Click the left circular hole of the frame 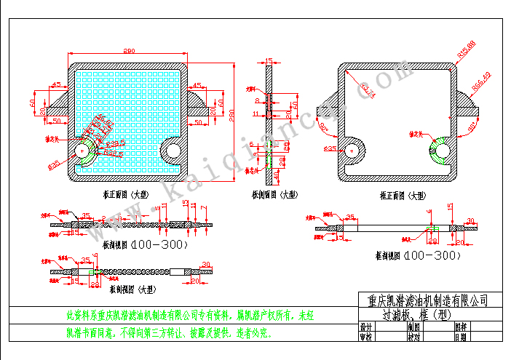tap(352, 149)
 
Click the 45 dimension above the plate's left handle tap(55, 86)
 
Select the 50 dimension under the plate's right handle tap(197, 122)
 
